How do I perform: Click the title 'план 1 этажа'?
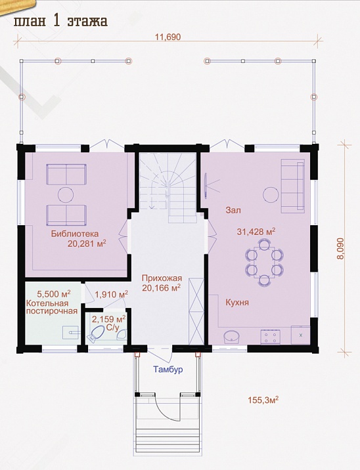60,22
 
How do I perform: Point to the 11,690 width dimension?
168,37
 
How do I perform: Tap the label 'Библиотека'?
75,234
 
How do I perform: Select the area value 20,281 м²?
87,244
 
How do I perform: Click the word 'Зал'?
233,211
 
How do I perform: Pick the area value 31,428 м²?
256,232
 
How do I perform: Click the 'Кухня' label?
237,302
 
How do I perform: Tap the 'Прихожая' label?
162,278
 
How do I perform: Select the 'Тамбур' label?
168,370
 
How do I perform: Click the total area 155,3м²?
263,400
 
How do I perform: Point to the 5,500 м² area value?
54,293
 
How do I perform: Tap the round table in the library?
66,195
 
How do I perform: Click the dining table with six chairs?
264,262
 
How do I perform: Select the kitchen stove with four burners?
271,336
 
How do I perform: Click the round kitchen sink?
232,336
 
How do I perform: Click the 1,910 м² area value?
112,294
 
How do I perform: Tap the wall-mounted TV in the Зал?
206,186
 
